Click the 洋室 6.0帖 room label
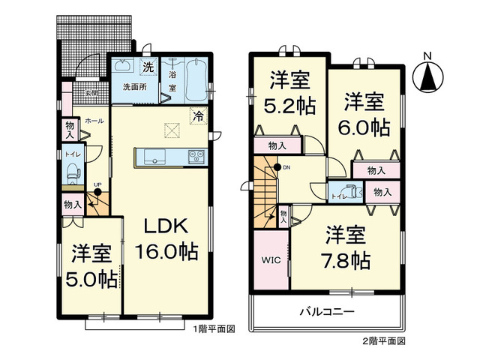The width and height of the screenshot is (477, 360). click(366, 114)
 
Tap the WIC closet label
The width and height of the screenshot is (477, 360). click(270, 261)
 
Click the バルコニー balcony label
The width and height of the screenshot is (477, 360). click(327, 311)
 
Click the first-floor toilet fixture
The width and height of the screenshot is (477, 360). click(73, 174)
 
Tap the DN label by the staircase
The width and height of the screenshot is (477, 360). click(286, 168)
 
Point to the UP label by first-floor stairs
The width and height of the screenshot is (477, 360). click(97, 184)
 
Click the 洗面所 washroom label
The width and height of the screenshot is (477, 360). click(134, 87)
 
